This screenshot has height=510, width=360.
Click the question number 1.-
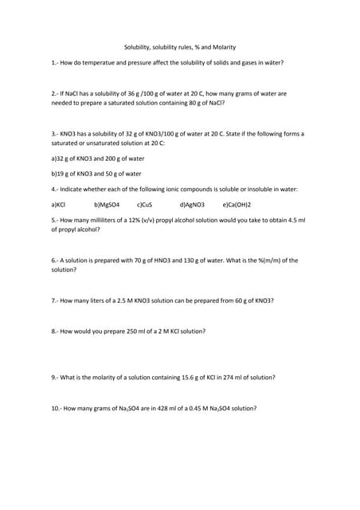pyautogui.click(x=55, y=62)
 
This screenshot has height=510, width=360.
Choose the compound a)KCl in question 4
pyautogui.click(x=58, y=205)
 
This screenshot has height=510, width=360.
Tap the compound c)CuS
pyautogui.click(x=145, y=205)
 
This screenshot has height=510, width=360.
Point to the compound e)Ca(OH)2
pyautogui.click(x=243, y=205)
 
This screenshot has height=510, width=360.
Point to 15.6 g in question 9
pyautogui.click(x=191, y=377)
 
